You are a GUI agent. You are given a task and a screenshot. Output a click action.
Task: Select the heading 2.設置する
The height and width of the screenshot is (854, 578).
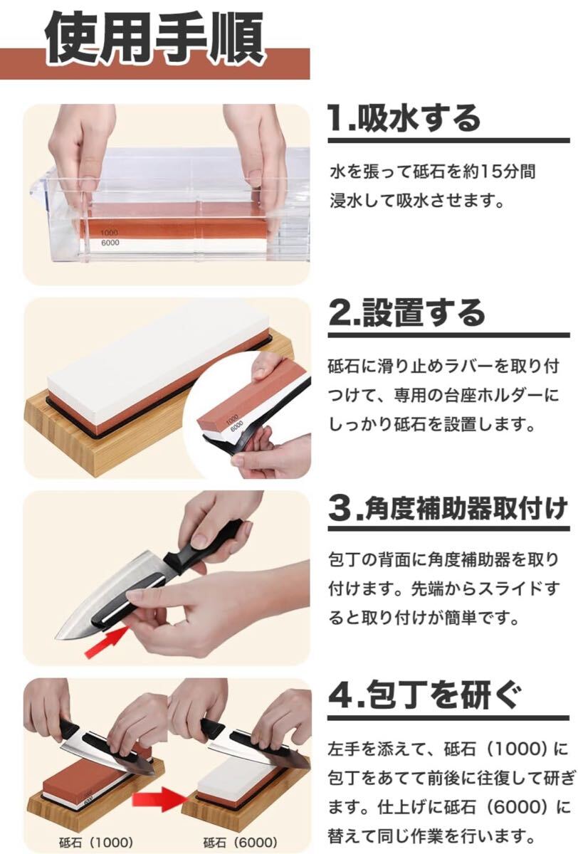(x=406, y=313)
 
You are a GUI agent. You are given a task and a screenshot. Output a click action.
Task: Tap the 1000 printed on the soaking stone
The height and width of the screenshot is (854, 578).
(x=110, y=233)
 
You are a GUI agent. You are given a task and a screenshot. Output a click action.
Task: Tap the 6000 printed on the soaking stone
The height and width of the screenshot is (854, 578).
(x=110, y=243)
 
